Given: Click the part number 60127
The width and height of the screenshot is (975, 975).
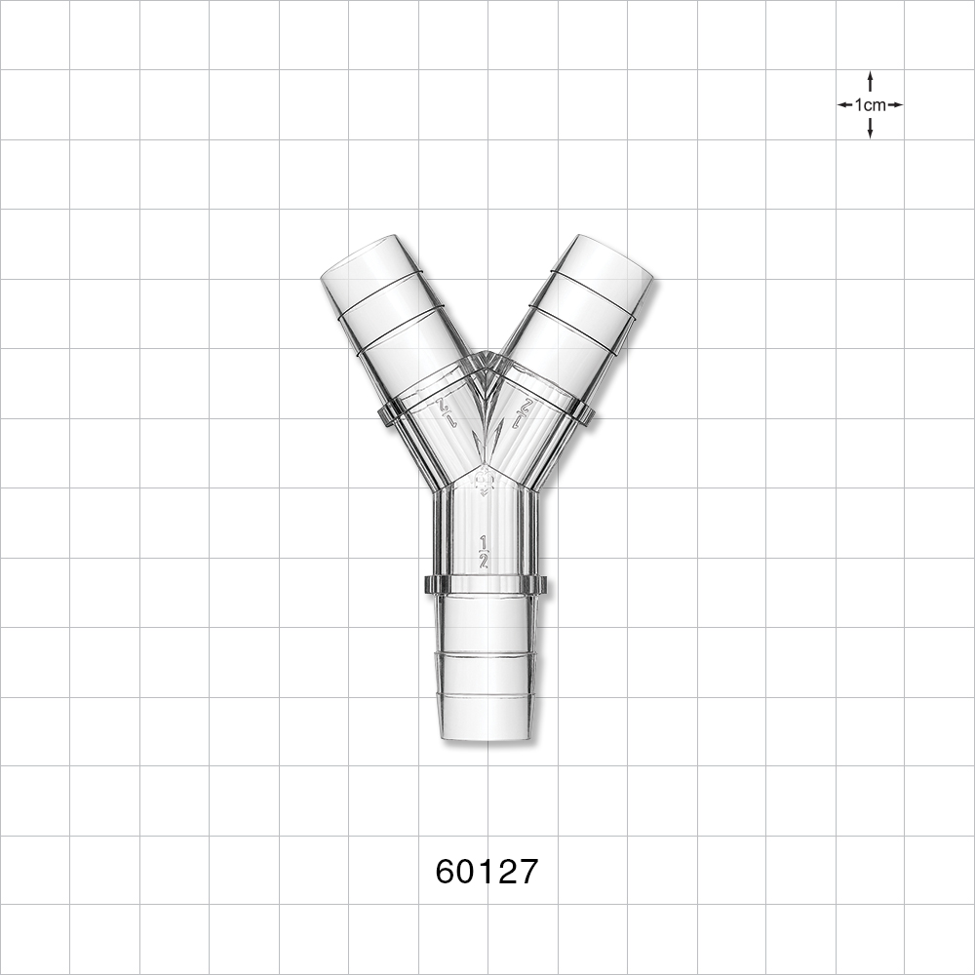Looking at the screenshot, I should click(487, 871).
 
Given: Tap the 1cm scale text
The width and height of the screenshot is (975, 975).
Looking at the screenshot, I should click(870, 104).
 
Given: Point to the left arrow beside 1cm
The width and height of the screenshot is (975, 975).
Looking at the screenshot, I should click(843, 104).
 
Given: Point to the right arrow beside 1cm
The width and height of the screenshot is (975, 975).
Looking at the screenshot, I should click(896, 104).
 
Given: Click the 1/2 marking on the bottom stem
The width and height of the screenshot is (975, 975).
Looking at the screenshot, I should click(484, 552).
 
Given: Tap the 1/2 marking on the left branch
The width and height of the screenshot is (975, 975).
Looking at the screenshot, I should click(448, 411).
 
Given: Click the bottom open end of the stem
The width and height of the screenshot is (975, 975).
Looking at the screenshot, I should click(486, 736).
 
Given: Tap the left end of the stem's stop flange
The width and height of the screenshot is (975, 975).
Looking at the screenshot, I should click(430, 585).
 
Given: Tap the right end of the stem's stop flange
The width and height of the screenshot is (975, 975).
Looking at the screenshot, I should click(541, 585).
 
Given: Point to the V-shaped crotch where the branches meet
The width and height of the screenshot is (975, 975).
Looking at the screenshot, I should click(486, 359).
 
